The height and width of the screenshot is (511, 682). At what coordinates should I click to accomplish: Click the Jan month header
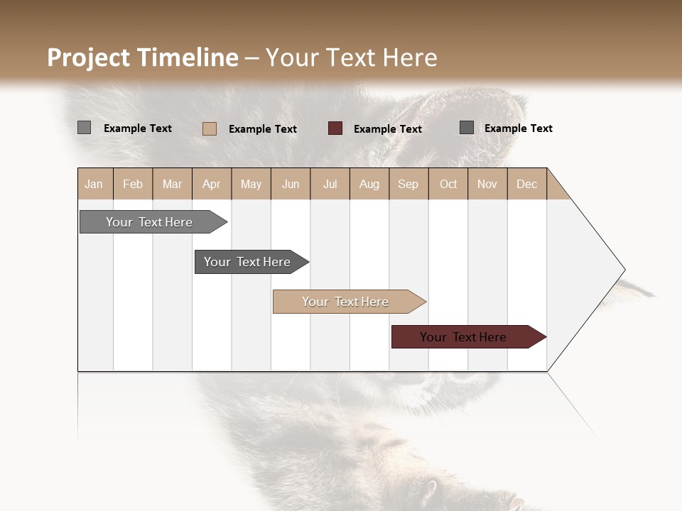(94, 184)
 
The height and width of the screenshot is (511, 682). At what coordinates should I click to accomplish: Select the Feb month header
(133, 184)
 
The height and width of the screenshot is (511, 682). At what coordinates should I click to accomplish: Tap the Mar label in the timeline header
(172, 184)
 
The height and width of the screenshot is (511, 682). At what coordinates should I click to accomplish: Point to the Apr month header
(211, 184)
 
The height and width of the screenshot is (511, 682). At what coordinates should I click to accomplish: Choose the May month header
(251, 184)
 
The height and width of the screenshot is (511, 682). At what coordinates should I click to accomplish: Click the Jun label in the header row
(291, 184)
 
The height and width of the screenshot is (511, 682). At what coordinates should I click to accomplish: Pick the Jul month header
(330, 184)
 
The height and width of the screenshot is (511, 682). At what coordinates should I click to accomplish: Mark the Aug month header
(369, 184)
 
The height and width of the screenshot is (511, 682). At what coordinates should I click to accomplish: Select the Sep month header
(408, 184)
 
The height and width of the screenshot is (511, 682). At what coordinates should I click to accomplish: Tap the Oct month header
(448, 184)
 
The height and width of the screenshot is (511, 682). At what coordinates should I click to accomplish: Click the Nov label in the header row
(487, 184)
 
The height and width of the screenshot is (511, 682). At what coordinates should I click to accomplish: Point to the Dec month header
(526, 184)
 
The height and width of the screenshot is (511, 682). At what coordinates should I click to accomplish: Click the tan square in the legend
(210, 128)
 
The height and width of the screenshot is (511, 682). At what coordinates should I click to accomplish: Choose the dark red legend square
(335, 128)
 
